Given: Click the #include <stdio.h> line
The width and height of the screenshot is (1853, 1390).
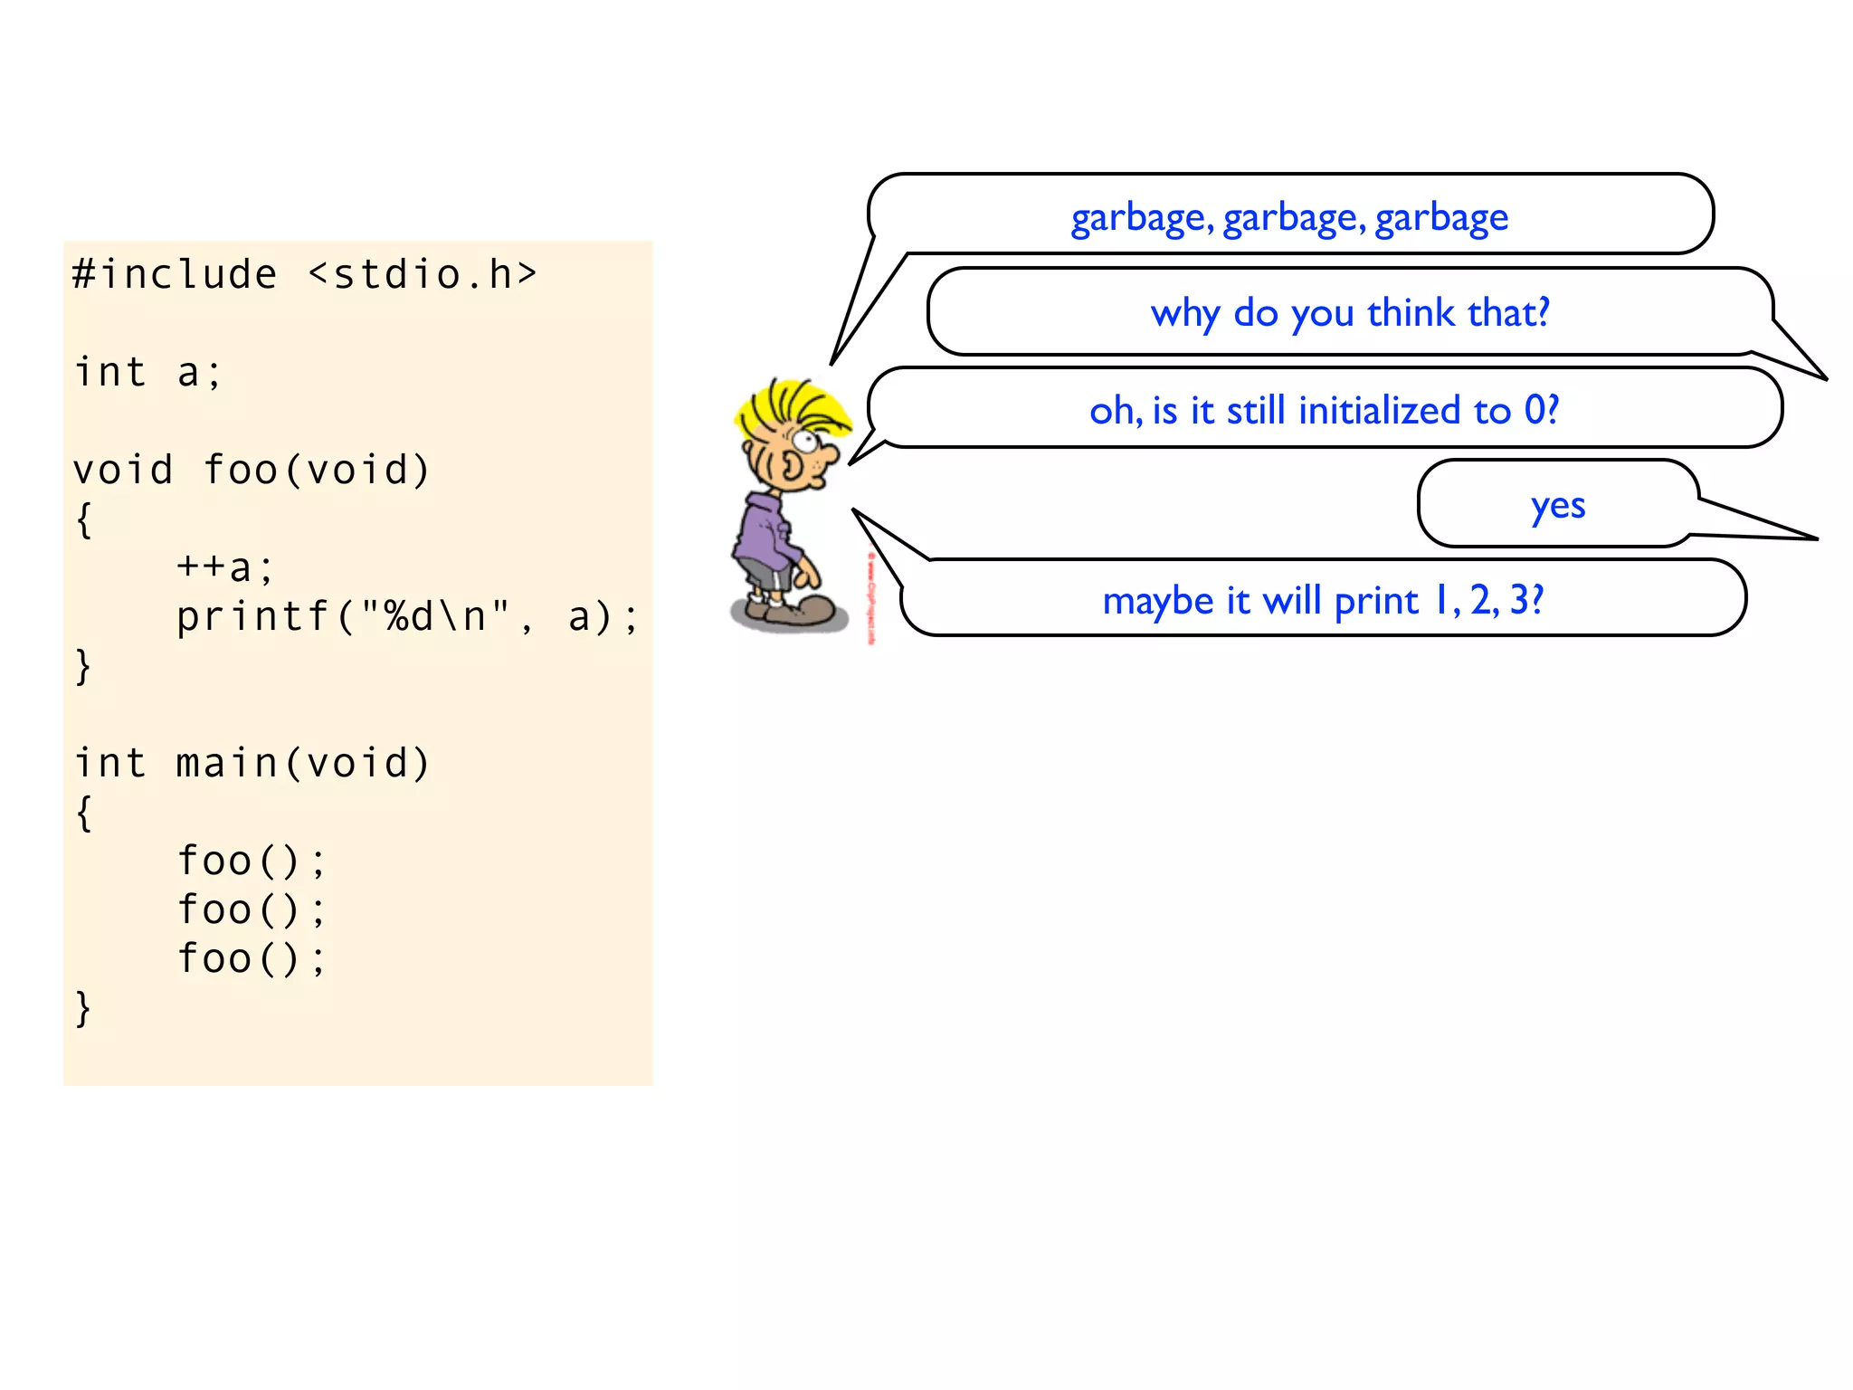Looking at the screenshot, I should tap(305, 274).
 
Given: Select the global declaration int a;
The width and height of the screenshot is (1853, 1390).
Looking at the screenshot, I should tap(147, 372).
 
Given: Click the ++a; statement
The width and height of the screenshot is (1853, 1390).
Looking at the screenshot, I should tap(224, 567).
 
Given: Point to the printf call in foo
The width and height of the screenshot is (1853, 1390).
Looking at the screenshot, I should tap(407, 616).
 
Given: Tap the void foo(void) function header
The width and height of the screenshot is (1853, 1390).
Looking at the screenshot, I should tap(251, 470).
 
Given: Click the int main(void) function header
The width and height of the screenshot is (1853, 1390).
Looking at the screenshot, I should tap(251, 763).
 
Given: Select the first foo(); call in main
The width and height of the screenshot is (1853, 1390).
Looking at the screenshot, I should tap(251, 861).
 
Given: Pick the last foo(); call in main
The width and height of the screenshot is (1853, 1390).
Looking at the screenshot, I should tap(251, 958).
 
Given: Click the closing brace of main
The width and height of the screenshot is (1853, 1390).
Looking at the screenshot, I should tap(83, 1007).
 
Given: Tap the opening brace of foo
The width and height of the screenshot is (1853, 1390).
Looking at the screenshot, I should tap(83, 519).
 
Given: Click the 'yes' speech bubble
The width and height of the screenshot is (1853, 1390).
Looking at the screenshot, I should tap(1557, 504).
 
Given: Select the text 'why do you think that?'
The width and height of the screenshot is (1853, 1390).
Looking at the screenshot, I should tap(1350, 313).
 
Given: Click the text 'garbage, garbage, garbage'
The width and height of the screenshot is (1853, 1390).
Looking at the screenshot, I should tap(1289, 217).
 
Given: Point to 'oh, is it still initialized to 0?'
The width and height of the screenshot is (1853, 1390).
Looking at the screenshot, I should tap(1324, 411).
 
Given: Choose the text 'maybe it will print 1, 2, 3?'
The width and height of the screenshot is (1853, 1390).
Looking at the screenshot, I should tap(1323, 600).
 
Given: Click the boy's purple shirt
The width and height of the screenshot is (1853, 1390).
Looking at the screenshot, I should tap(765, 535).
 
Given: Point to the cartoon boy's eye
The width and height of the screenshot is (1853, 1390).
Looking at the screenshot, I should tap(805, 443).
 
